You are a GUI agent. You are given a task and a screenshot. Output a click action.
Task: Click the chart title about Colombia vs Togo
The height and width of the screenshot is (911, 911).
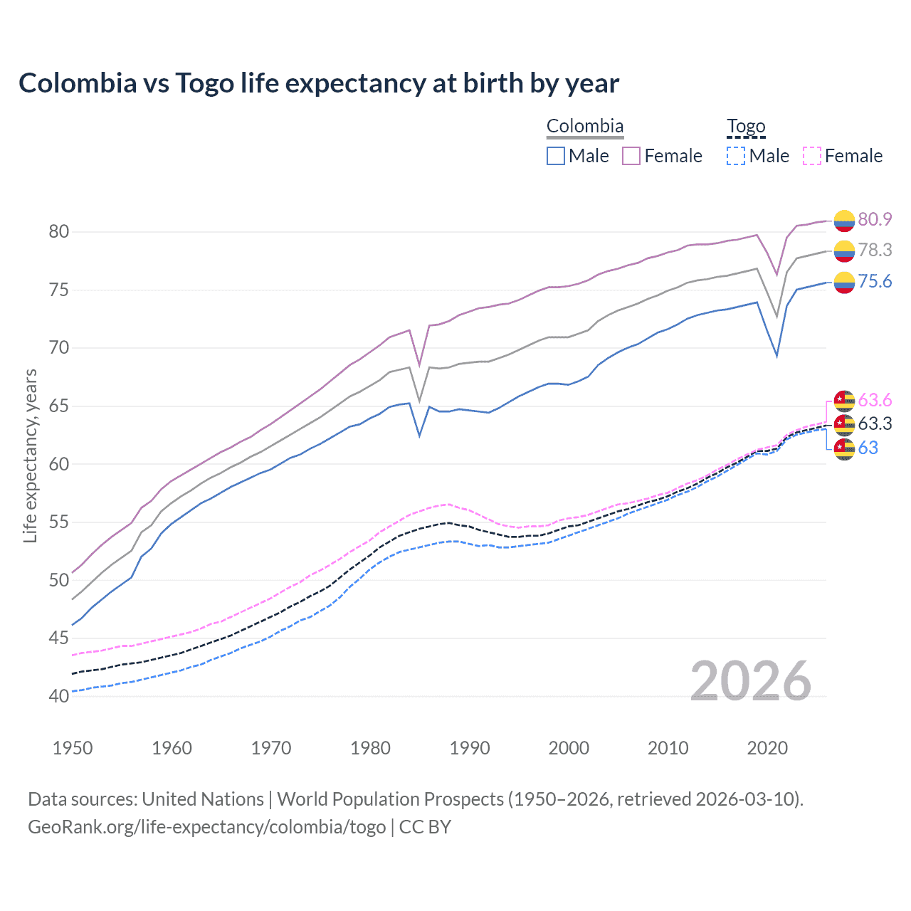(319, 83)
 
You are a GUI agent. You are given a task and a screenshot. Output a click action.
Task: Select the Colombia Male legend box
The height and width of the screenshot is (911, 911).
(556, 156)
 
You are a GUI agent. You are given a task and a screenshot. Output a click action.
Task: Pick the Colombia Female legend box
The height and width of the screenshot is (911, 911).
(631, 156)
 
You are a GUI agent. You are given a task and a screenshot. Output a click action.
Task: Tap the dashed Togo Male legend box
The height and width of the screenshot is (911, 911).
(736, 156)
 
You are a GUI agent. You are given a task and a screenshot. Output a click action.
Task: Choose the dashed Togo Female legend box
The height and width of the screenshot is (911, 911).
(812, 156)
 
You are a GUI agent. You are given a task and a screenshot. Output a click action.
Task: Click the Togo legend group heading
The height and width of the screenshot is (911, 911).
(746, 127)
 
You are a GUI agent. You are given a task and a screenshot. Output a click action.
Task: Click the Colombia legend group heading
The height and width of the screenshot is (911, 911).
(585, 127)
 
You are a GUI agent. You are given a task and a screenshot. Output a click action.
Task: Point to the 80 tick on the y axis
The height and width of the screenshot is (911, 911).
(58, 231)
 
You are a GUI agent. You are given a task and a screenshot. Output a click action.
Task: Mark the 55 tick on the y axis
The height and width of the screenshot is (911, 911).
(58, 522)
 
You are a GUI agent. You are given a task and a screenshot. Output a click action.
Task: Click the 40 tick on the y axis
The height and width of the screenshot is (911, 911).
(58, 696)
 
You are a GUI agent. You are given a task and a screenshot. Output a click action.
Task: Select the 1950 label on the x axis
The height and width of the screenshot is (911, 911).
(73, 748)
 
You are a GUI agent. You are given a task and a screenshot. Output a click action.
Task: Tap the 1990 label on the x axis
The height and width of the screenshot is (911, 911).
(470, 748)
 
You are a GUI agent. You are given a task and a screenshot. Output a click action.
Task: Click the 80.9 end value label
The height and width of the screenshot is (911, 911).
(875, 219)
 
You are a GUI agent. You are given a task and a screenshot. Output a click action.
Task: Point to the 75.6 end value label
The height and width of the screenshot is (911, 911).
(875, 282)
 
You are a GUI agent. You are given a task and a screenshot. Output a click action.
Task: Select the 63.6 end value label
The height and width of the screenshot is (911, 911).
(875, 400)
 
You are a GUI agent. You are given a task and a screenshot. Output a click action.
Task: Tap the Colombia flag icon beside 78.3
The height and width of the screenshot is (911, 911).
(844, 251)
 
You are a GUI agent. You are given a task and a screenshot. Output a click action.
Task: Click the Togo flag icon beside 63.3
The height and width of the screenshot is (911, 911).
(844, 424)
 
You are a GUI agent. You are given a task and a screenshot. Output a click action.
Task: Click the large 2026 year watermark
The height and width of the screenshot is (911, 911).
(751, 681)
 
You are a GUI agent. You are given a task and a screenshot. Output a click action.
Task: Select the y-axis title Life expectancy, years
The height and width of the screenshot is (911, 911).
(30, 456)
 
